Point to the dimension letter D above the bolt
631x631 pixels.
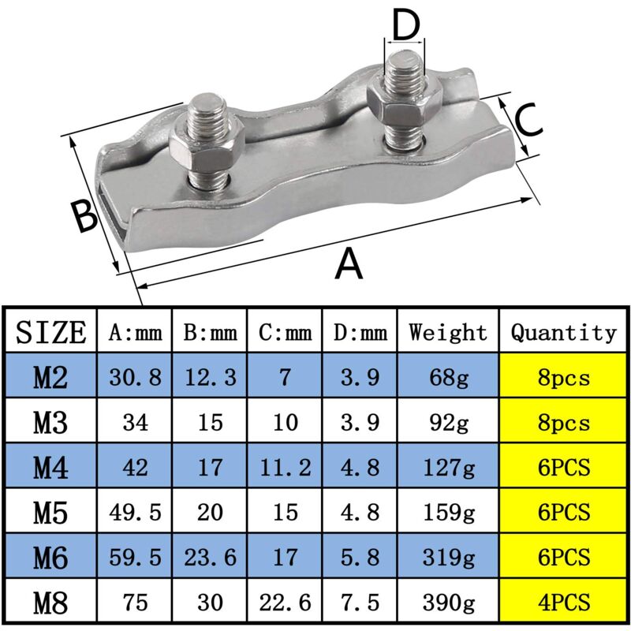[405, 26]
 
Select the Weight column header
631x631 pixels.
[448, 332]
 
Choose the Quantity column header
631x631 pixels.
[563, 332]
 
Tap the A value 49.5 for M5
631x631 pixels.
[134, 513]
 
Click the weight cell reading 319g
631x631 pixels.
[448, 558]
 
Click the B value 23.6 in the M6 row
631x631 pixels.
[210, 558]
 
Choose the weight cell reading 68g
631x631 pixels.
[448, 379]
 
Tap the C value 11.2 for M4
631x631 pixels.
[285, 469]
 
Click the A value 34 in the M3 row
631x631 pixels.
[134, 424]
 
